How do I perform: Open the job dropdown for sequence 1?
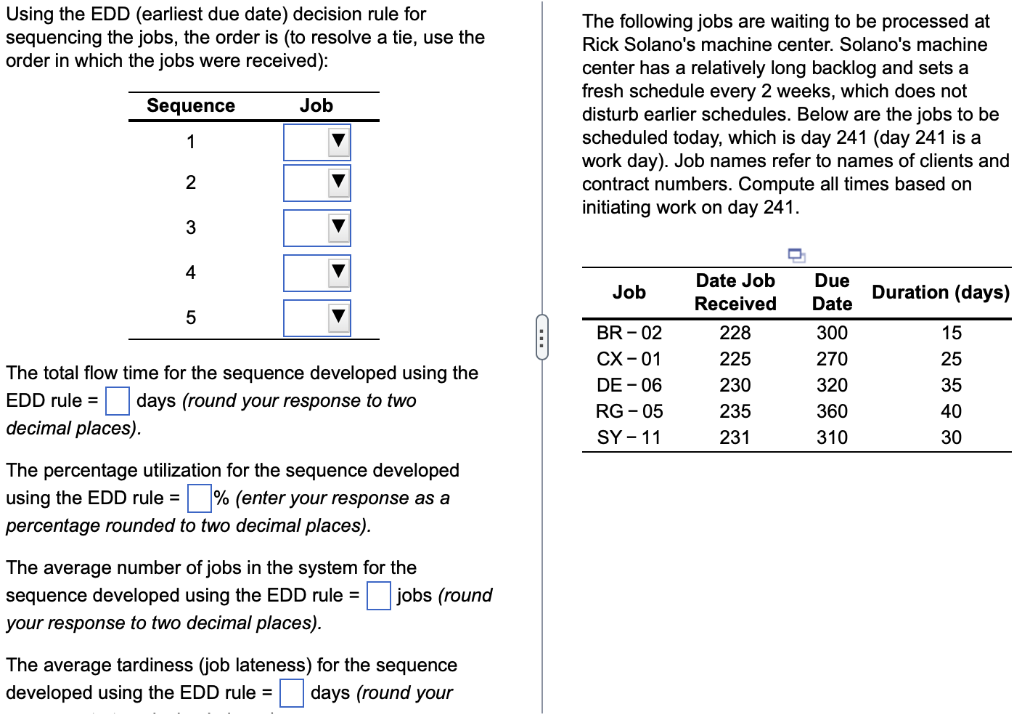317,142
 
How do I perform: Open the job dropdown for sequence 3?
317,227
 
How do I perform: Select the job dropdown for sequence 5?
317,318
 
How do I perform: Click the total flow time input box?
118,400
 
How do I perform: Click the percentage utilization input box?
199,498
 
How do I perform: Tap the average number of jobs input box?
378,595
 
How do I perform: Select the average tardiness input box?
291,692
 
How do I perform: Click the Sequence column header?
191,106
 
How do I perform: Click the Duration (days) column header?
940,292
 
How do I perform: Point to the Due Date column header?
832,292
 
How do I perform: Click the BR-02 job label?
629,333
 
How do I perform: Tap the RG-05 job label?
629,411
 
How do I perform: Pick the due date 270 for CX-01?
832,359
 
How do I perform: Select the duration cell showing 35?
951,385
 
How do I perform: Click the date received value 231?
735,437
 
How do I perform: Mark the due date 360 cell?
832,411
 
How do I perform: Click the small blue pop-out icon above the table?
796,255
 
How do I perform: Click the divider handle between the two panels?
541,337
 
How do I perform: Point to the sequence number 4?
191,272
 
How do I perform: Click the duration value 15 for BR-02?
951,333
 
